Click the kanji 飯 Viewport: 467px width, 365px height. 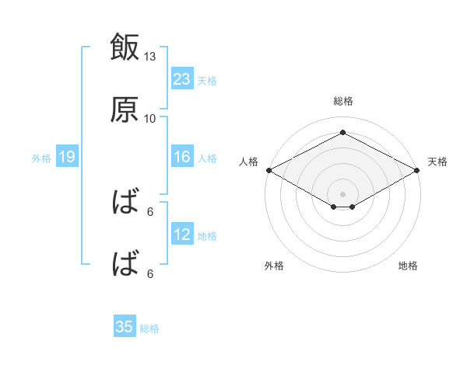click(125, 47)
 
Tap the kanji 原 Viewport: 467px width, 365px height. click(125, 109)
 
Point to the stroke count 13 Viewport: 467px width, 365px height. click(149, 57)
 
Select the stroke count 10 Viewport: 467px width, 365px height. click(149, 119)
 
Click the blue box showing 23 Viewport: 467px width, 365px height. click(182, 78)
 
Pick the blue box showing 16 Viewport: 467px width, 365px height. click(182, 156)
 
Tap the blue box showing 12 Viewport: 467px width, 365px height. click(182, 233)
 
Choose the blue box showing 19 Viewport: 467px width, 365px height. click(67, 156)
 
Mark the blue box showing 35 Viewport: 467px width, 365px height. click(125, 325)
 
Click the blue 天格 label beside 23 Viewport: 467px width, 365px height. click(207, 81)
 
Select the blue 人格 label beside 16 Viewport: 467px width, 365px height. click(207, 158)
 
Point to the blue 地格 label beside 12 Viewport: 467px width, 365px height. click(207, 236)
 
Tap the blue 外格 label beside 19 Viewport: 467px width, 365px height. click(41, 158)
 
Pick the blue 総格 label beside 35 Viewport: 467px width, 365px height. click(149, 328)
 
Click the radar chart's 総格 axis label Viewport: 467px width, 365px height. click(343, 101)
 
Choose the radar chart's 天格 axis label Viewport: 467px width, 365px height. click(437, 162)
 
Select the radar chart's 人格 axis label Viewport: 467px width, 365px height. click(248, 162)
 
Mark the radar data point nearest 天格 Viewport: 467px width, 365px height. click(417, 170)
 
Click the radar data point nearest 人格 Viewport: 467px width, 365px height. click(269, 170)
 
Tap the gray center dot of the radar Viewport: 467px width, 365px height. click(342, 194)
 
